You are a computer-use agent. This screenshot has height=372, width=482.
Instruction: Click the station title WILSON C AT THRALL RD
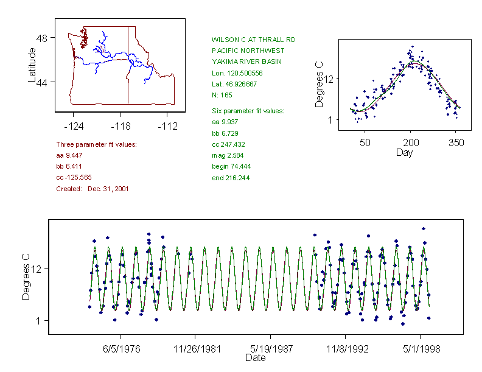point(253,40)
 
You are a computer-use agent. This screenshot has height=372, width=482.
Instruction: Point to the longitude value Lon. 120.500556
point(237,73)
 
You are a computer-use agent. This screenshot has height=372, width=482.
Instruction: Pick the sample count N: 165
point(222,95)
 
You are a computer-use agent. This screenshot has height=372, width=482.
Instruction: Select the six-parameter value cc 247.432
point(228,144)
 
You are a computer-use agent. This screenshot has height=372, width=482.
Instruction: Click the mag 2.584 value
point(227,156)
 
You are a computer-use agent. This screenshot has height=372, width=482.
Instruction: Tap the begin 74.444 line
point(231,167)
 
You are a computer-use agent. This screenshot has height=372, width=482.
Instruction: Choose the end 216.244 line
point(231,178)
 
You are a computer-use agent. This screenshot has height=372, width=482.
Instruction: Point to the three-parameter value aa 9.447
point(69,155)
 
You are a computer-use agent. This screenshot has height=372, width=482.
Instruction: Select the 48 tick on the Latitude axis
point(43,38)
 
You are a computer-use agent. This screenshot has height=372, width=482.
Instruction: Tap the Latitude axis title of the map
point(32,65)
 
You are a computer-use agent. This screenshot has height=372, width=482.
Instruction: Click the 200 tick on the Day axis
point(410,142)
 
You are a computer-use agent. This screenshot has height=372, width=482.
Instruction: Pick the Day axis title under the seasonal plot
point(404,153)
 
